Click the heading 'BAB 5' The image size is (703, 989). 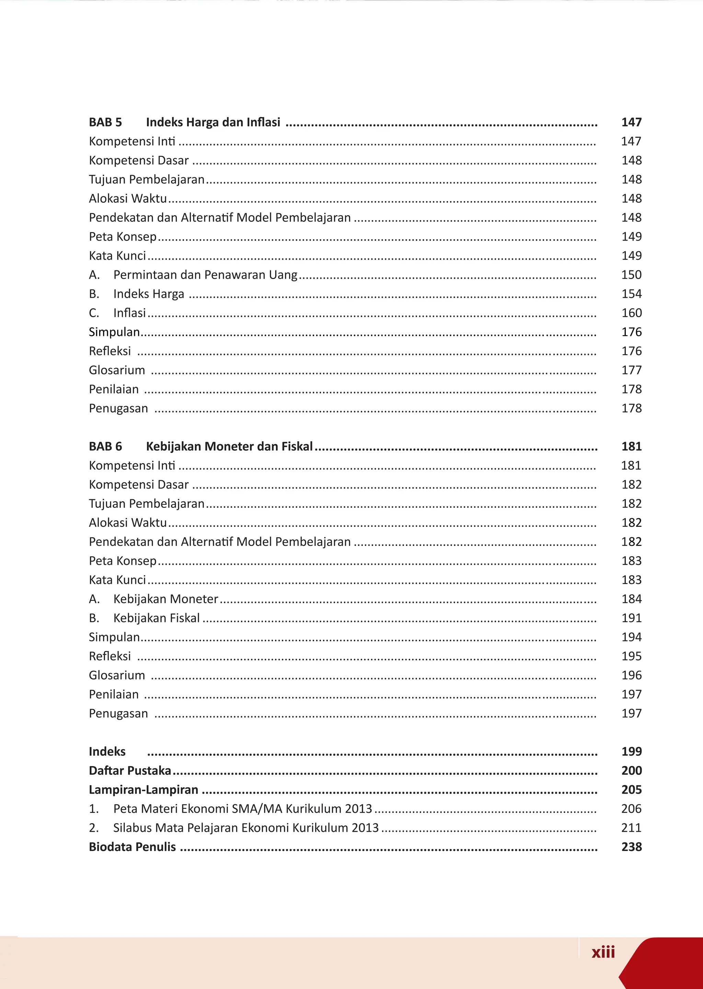[x=105, y=123]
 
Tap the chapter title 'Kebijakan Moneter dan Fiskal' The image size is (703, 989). [x=229, y=446]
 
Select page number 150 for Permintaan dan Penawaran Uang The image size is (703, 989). [x=631, y=275]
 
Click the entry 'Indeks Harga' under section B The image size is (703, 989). [x=149, y=294]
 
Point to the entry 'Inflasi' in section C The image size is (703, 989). [x=129, y=313]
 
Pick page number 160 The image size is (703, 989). [x=631, y=313]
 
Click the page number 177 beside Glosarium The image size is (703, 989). [x=631, y=370]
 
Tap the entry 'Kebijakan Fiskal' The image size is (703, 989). [x=156, y=618]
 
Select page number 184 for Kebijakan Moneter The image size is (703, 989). [x=631, y=599]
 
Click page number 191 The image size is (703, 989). [x=631, y=618]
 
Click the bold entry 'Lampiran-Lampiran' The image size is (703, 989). [x=143, y=790]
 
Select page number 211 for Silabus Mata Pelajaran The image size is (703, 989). [x=631, y=828]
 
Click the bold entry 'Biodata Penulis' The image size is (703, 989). [x=132, y=847]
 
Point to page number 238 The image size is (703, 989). [x=631, y=847]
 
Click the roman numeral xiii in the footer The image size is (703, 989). [x=603, y=952]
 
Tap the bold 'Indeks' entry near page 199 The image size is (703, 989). [x=107, y=752]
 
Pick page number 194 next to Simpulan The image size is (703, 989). [x=631, y=637]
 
